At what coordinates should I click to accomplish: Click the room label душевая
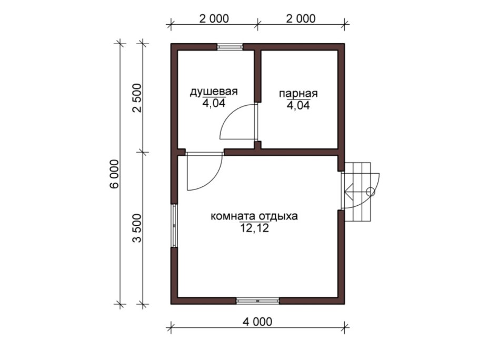[213, 91]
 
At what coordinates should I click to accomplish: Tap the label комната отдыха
[254, 216]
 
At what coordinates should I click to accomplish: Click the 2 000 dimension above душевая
[214, 18]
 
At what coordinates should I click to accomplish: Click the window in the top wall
[230, 46]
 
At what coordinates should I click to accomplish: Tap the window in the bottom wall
[257, 301]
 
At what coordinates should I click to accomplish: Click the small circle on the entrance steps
[371, 192]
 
